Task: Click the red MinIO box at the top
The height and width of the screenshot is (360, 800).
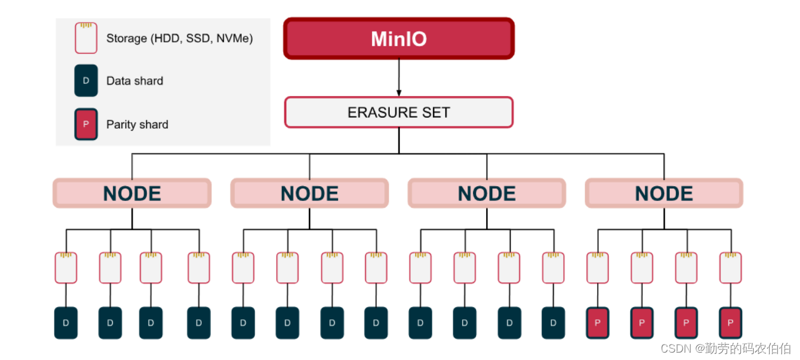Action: coord(398,39)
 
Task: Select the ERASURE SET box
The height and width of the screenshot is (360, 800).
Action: coord(398,112)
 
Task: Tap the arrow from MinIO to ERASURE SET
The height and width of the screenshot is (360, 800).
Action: coord(398,78)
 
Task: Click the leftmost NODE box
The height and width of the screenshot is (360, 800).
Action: coord(132,194)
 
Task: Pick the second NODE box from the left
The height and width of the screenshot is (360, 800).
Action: coord(309,194)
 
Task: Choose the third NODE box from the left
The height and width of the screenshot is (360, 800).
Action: coord(487,194)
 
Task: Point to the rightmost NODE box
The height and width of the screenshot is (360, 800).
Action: coord(664,194)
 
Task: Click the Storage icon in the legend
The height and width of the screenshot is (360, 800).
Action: coord(86,38)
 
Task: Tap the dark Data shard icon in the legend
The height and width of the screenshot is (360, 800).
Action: coord(86,81)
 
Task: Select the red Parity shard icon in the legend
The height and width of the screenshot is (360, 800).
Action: coord(86,125)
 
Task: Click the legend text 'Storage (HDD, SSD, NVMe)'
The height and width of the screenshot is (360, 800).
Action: coord(179,38)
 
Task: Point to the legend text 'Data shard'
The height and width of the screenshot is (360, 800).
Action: coord(134,81)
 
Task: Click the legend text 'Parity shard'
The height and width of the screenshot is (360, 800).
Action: coord(137,125)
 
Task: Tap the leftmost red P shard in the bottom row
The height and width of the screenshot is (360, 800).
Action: coord(597,323)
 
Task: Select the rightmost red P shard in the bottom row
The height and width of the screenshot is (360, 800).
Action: coord(730,323)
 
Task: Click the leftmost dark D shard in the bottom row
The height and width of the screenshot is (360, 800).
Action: coord(66,323)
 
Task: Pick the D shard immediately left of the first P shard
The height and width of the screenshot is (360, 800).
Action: coord(553,323)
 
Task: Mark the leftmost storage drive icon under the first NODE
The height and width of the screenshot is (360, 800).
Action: coord(66,268)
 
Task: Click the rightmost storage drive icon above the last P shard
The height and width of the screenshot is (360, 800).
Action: coord(730,268)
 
